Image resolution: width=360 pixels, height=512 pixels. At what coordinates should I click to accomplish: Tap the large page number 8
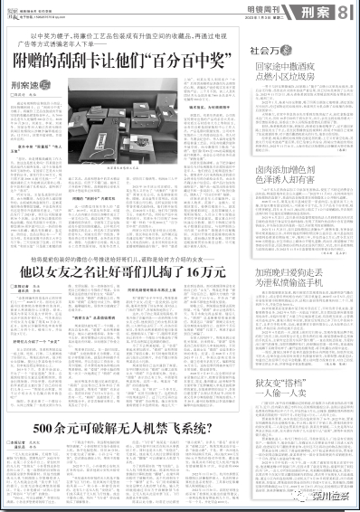[345, 11]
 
